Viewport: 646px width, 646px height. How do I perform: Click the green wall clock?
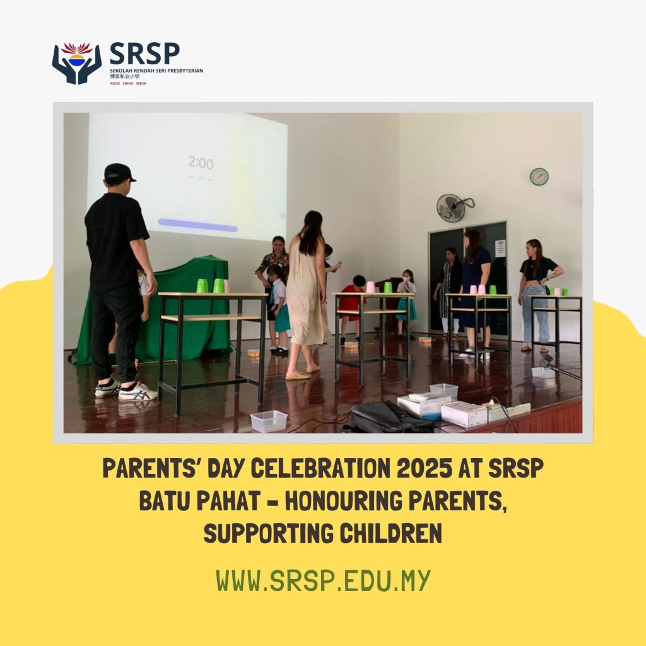(539, 177)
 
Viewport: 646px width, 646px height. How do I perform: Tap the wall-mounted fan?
(452, 207)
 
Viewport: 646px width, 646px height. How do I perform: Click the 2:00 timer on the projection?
(201, 163)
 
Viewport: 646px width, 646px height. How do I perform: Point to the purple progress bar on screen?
(197, 225)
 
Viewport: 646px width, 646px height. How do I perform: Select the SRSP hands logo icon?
(76, 62)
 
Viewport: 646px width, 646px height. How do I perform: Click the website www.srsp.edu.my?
(323, 580)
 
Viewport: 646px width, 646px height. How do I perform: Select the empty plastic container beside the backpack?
(269, 421)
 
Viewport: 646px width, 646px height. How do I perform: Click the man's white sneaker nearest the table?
(138, 392)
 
